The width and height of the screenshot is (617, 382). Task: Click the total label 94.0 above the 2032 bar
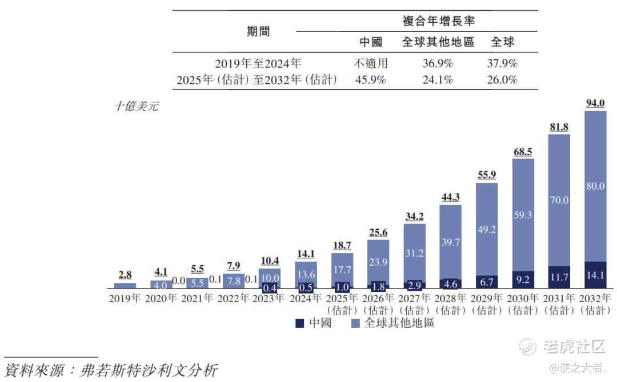click(x=595, y=103)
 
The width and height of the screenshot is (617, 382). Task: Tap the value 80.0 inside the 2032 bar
click(x=595, y=186)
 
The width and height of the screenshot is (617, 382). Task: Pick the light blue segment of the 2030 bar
click(x=523, y=215)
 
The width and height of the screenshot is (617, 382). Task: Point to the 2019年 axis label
click(x=125, y=298)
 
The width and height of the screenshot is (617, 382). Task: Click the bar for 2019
click(x=125, y=285)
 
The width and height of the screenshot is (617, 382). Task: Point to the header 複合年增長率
click(x=438, y=22)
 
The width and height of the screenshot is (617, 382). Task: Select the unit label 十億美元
click(x=137, y=106)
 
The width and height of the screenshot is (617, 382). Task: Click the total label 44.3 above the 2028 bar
click(x=451, y=197)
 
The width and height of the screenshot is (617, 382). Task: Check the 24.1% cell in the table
click(x=438, y=80)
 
